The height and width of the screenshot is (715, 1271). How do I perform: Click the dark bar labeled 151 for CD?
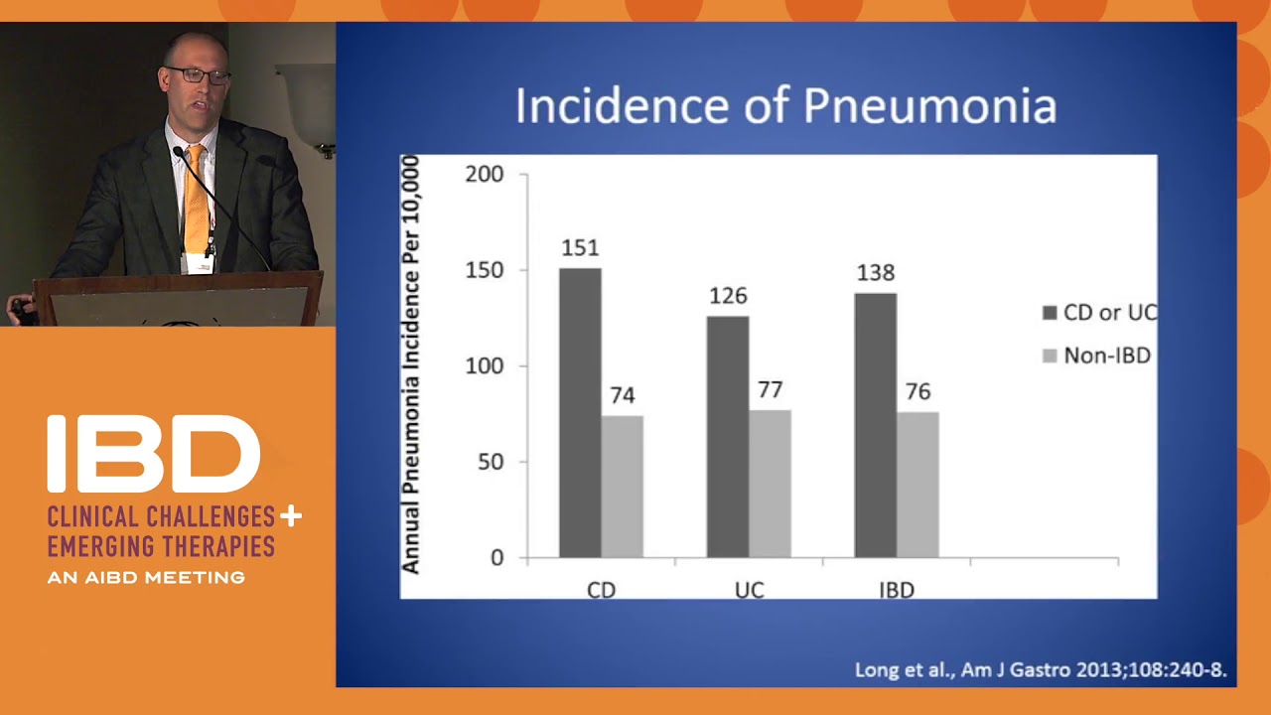point(580,412)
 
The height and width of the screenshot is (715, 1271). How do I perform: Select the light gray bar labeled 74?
point(622,486)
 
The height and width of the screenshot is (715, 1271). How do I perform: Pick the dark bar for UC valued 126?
point(728,436)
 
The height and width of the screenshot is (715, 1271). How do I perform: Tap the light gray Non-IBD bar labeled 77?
point(770,484)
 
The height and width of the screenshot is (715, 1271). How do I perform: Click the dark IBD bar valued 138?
point(875,425)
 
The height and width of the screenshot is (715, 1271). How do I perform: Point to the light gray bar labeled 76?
point(918,485)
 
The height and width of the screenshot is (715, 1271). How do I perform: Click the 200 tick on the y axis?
point(484,175)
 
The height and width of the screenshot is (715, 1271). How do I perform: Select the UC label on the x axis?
point(749,590)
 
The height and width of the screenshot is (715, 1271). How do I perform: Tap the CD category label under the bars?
point(601,590)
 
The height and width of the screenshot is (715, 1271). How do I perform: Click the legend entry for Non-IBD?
point(1096,356)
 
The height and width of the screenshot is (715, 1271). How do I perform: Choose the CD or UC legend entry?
point(1099,313)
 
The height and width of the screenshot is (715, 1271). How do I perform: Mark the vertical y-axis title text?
point(410,365)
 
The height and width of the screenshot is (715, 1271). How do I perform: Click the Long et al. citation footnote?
point(1041,670)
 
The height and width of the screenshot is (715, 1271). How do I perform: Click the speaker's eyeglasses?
point(197,75)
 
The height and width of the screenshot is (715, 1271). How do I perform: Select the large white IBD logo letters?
point(153,454)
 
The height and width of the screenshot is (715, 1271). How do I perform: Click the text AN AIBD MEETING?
point(146,577)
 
